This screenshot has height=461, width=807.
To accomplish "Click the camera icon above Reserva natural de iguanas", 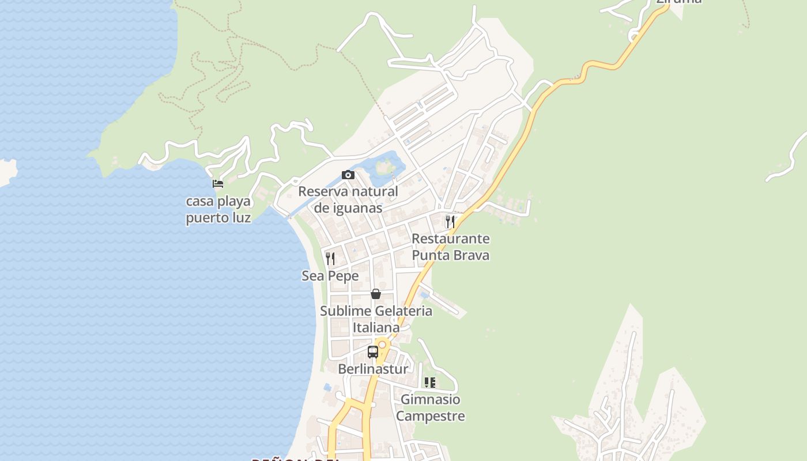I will tap(348, 175).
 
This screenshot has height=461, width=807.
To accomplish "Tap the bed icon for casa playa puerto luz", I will tap(218, 184).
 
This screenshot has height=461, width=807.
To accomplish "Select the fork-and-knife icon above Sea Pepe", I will tap(330, 258).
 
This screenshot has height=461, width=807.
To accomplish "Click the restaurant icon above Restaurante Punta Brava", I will tap(450, 221).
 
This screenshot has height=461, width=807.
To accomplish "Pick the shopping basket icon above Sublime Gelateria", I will tap(376, 294).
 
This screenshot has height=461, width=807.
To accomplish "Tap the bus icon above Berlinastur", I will tap(373, 352).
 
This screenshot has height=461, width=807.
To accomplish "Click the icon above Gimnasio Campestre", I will tap(430, 382).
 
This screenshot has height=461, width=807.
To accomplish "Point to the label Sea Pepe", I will tap(330, 276).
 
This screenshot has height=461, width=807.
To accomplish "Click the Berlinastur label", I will tap(373, 369).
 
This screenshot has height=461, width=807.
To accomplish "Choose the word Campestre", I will tap(430, 416).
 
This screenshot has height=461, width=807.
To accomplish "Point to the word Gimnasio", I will tap(430, 399).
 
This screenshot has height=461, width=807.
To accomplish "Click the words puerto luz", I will tap(218, 218).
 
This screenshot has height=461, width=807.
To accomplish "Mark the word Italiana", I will tap(376, 328).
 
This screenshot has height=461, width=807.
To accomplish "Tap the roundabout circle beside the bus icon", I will tap(382, 344).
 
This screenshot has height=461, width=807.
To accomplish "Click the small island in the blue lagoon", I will tap(384, 168).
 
